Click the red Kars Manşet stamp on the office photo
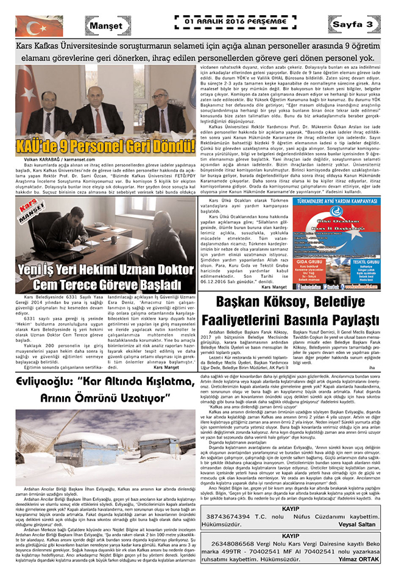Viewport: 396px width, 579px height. [31, 210]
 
